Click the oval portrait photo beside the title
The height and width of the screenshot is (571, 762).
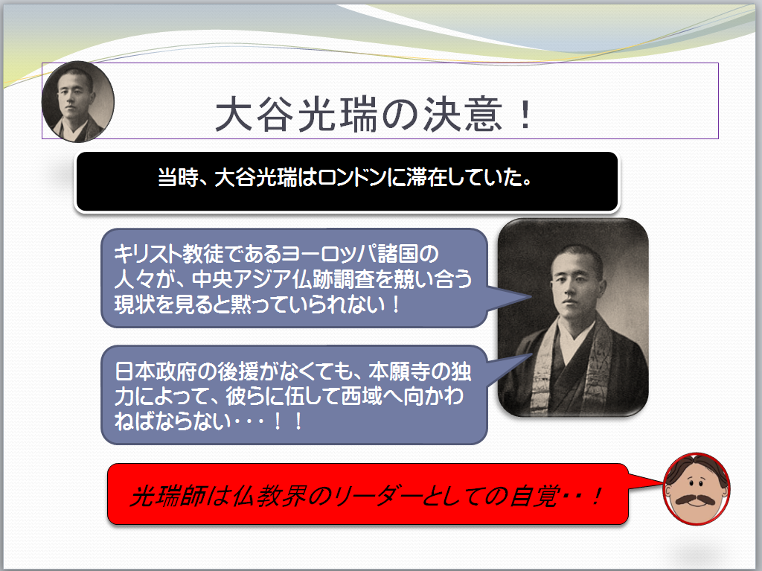click(x=77, y=102)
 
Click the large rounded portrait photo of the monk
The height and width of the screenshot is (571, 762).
click(x=573, y=317)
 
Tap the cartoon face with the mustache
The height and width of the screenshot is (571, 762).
click(x=697, y=489)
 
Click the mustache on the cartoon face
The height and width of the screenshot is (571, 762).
click(x=697, y=500)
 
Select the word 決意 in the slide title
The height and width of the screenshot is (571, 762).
click(x=462, y=115)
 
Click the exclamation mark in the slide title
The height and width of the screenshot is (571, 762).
click(x=525, y=115)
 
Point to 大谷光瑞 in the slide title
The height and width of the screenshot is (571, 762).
click(x=296, y=115)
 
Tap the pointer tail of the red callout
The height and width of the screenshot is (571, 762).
click(x=645, y=480)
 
